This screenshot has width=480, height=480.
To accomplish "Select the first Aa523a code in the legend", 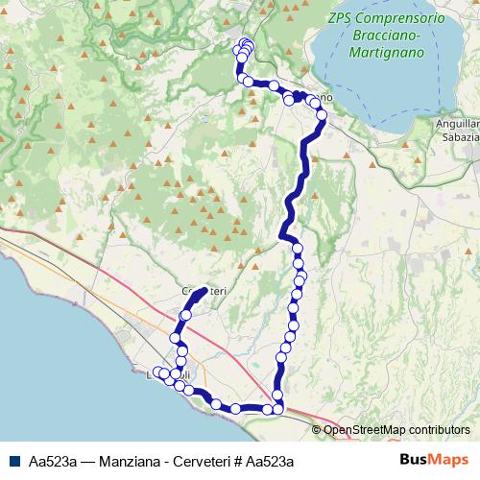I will tap(53, 460).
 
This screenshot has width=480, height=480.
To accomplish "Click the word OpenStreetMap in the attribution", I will tap(363, 430).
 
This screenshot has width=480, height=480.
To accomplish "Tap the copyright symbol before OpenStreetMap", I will tap(318, 430).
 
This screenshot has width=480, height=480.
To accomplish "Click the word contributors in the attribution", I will tap(438, 430).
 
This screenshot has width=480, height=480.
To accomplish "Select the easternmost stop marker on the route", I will tap(322, 116).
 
